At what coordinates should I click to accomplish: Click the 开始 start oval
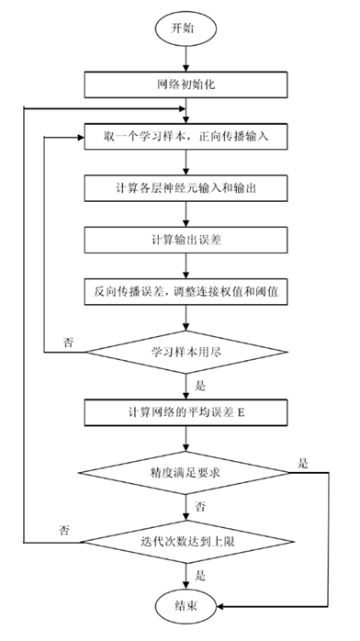click(x=186, y=28)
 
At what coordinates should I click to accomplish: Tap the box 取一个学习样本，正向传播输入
click(x=186, y=138)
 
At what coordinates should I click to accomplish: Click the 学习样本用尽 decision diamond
click(x=186, y=351)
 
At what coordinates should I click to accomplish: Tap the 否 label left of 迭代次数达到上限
click(x=63, y=530)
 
